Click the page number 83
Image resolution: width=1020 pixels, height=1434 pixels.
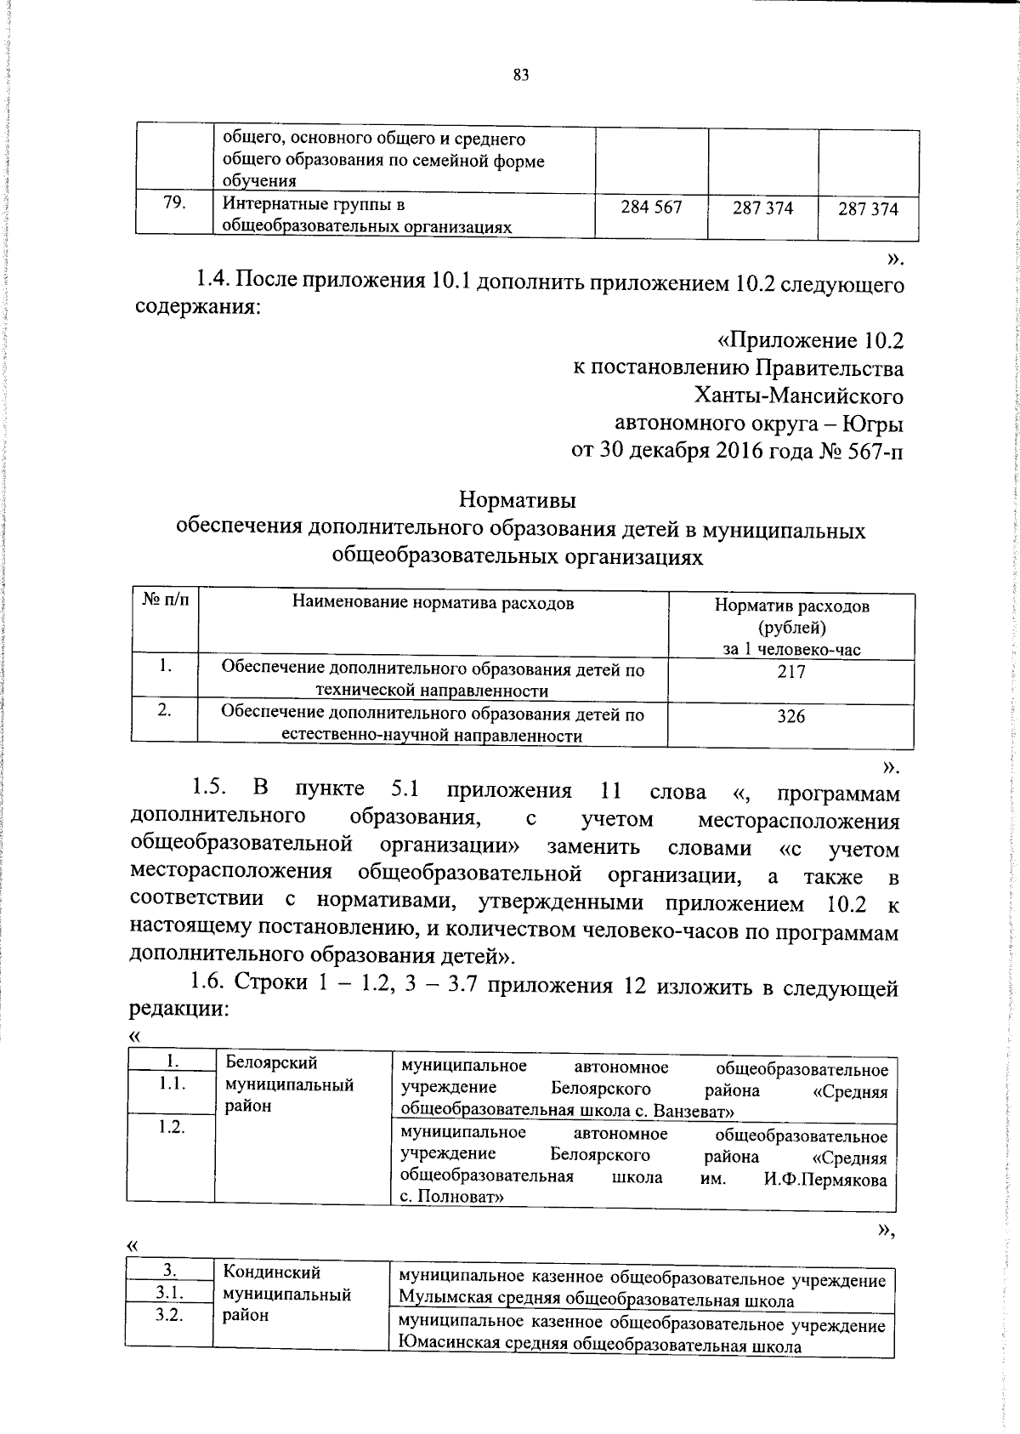tap(521, 75)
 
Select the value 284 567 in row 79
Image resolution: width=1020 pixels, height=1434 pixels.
tap(651, 207)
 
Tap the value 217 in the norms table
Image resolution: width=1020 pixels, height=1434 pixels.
tap(790, 672)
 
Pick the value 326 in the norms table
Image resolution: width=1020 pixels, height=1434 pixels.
tap(790, 716)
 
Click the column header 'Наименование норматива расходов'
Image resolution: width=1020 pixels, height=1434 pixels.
tap(433, 603)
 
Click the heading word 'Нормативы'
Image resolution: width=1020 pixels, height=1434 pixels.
tap(518, 499)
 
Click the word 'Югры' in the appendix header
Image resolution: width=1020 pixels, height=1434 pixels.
tap(875, 424)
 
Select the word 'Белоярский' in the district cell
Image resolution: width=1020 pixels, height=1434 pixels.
tap(271, 1062)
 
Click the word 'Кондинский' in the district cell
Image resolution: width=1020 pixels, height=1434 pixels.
tap(271, 1272)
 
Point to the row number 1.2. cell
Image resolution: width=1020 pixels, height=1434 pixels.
tap(171, 1126)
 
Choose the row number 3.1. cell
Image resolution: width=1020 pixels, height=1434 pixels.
tap(170, 1294)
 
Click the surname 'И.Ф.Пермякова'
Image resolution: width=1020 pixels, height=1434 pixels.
tap(824, 1180)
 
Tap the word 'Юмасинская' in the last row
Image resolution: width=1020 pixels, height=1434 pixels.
tap(443, 1346)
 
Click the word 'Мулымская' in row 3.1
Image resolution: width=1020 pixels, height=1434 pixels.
tap(439, 1301)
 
